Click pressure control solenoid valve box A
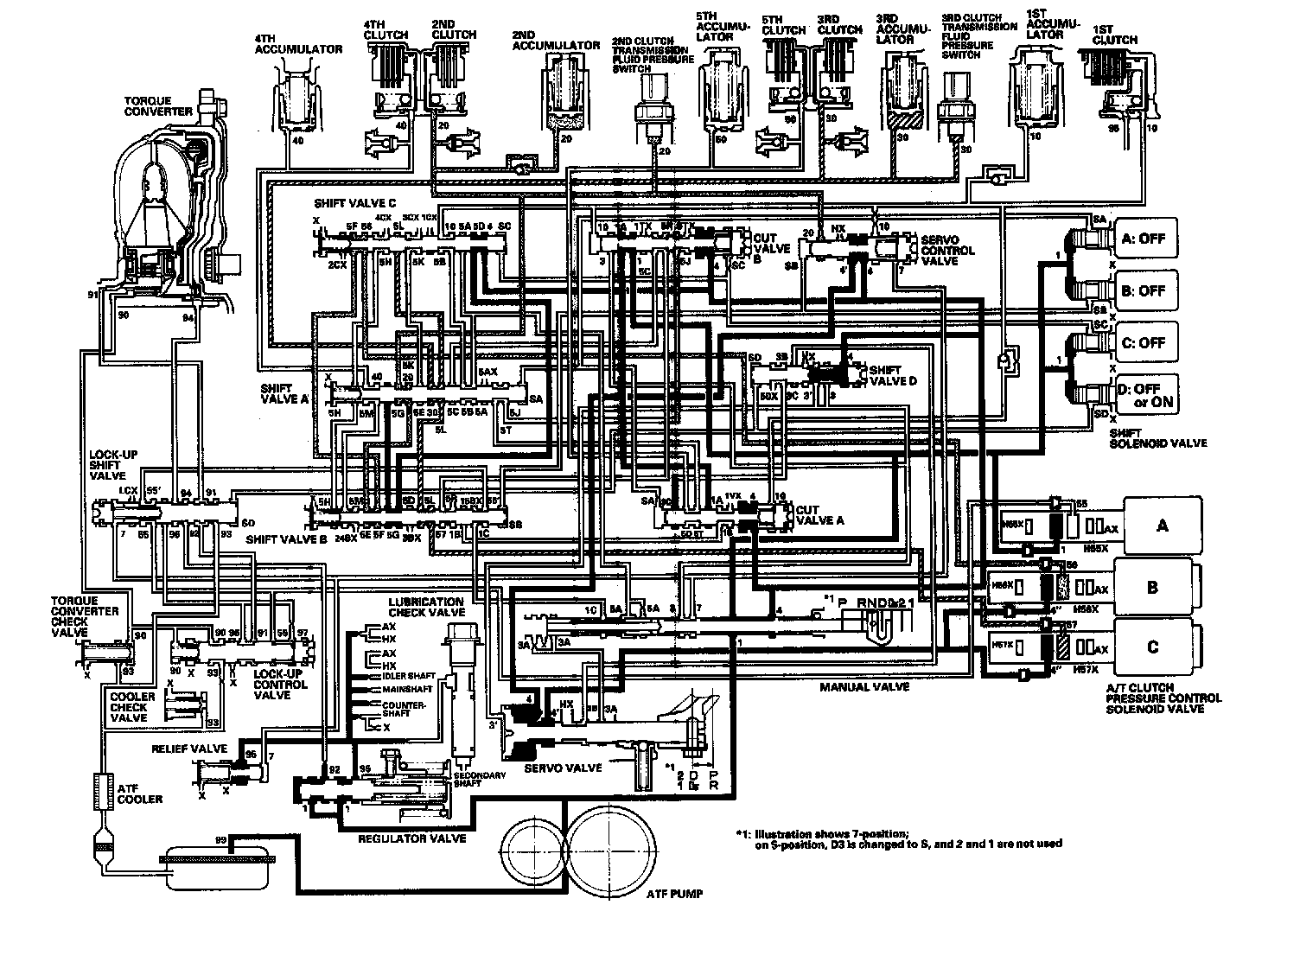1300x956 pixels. [x=1163, y=525]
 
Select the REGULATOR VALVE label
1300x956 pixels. [x=412, y=838]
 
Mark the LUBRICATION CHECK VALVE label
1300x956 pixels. [x=426, y=607]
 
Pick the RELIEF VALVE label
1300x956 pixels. [x=189, y=749]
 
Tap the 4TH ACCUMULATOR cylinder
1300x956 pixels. [x=297, y=99]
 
